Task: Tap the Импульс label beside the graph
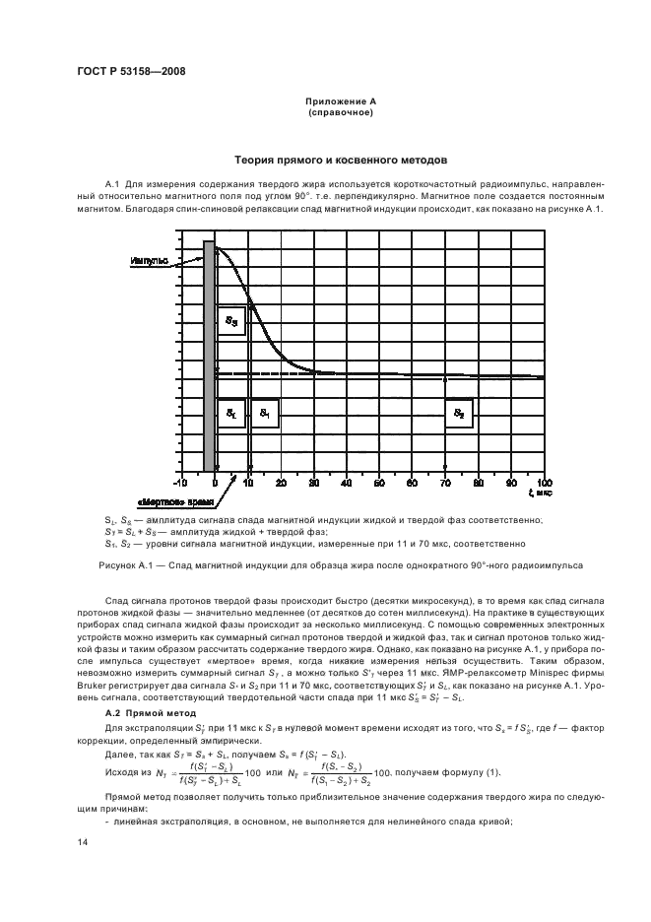tap(148, 261)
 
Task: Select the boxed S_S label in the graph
tap(230, 321)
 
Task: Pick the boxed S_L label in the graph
tap(230, 415)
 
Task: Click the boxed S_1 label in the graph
tap(265, 415)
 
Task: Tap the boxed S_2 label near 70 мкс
tap(459, 415)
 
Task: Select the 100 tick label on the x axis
tap(543, 483)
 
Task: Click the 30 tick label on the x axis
tap(314, 483)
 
